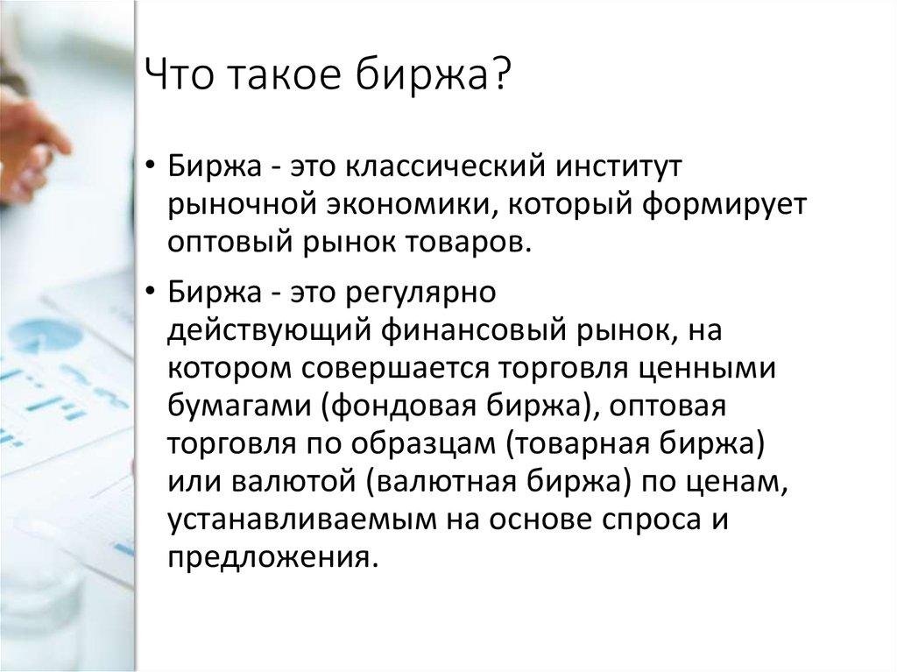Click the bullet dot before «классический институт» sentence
pyautogui.click(x=152, y=166)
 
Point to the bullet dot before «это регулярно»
pyautogui.click(x=152, y=292)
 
